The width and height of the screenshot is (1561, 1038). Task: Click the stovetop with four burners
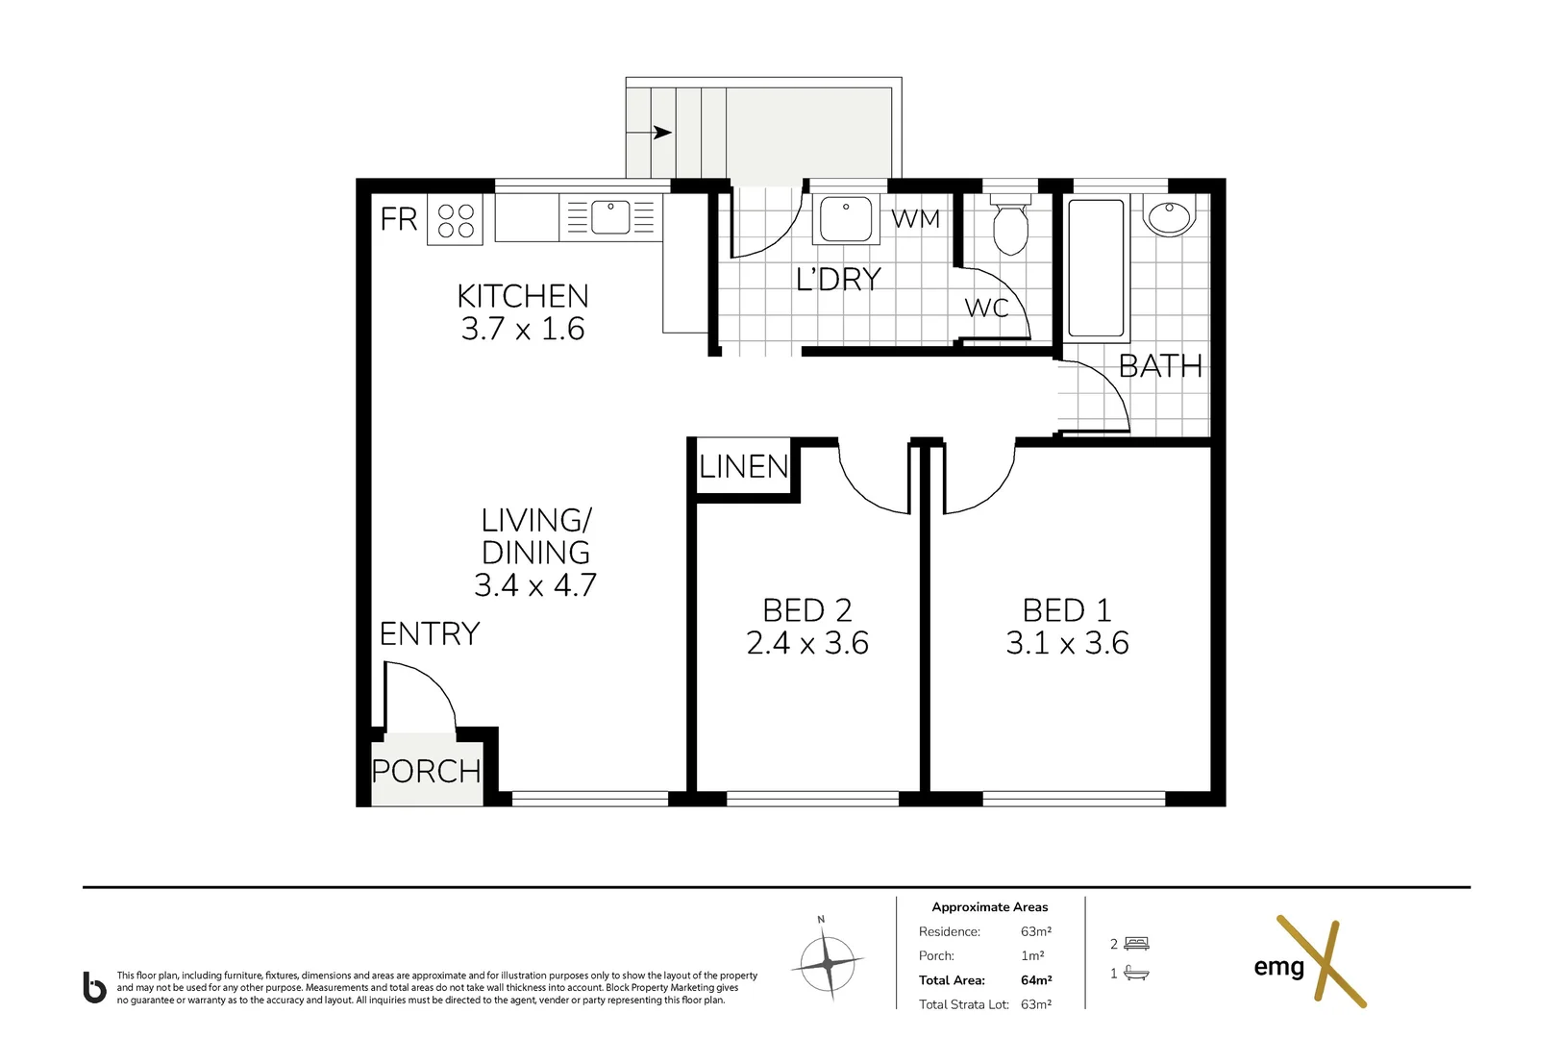click(456, 221)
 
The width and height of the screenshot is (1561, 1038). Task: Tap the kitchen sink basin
click(610, 217)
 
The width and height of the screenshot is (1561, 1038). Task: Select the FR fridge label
click(399, 219)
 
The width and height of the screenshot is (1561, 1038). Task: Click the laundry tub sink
click(845, 219)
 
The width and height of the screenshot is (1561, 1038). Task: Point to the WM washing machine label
click(915, 219)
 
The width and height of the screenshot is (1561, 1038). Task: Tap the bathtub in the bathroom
click(1096, 266)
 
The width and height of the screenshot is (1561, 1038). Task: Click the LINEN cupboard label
click(744, 467)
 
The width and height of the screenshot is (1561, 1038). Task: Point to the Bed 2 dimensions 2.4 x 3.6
click(807, 643)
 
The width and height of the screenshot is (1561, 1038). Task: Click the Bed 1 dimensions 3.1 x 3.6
click(1067, 643)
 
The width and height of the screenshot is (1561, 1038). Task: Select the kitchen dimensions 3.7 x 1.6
click(523, 329)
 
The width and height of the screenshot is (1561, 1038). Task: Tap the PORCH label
click(426, 771)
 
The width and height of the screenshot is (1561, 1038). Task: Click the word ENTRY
click(430, 633)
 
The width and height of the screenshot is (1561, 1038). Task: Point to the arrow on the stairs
click(660, 133)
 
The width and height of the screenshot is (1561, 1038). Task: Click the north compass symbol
click(827, 962)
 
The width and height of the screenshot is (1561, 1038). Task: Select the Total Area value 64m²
click(1036, 980)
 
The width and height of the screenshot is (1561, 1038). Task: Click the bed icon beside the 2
click(1136, 944)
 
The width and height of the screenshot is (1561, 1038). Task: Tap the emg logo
click(1307, 964)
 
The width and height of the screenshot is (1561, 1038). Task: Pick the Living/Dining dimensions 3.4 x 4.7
click(535, 585)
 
